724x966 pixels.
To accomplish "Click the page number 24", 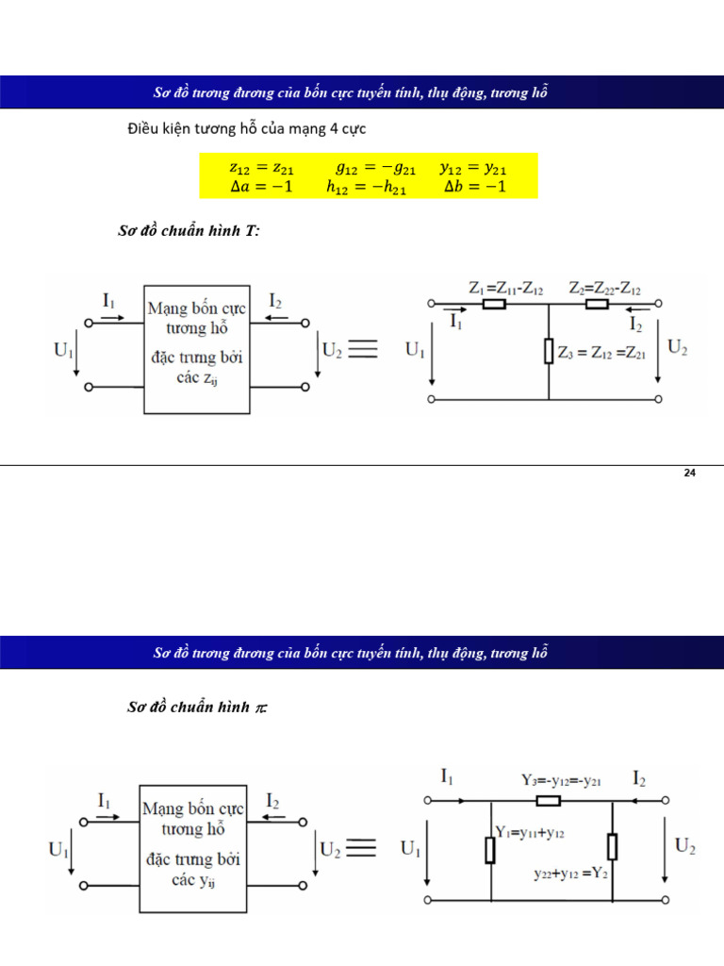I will [689, 473].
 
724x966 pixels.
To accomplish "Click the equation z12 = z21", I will [261, 169].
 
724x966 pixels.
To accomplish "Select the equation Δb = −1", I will [475, 187].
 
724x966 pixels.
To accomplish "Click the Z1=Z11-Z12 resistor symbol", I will [495, 305].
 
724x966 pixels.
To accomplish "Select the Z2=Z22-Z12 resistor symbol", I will [597, 305].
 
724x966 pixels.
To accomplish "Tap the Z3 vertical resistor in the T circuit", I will [548, 353].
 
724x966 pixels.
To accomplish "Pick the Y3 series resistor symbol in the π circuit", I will [548, 801].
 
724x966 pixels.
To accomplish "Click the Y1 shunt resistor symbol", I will [490, 850].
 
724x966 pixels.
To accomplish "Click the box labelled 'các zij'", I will [196, 349].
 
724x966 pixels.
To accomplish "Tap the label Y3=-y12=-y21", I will [562, 780].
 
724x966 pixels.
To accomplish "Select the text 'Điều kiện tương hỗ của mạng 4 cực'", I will [246, 127].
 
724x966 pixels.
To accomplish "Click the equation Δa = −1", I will [261, 187].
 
